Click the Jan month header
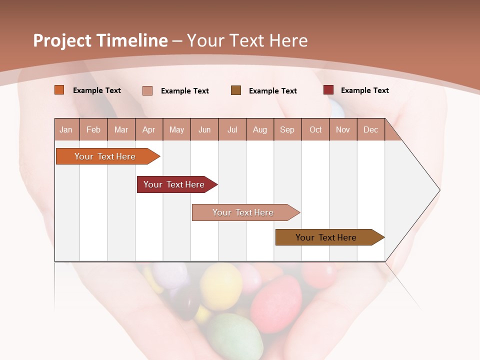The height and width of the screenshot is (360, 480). point(66,130)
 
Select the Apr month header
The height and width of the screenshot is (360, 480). point(148,130)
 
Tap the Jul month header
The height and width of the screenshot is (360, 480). point(232,130)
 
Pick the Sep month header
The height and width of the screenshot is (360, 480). point(287,130)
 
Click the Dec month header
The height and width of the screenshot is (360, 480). point(370,130)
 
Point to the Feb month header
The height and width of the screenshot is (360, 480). point(93,130)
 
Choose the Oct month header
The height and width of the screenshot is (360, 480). point(315,130)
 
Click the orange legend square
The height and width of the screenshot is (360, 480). point(59,90)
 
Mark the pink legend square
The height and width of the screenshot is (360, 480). point(147,90)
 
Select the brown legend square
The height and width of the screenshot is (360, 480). point(236,90)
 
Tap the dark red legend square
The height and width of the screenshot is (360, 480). point(328,90)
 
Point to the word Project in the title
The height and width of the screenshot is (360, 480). point(61,40)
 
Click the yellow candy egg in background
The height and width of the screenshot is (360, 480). point(220,285)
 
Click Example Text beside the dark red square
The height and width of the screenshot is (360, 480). point(364,90)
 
